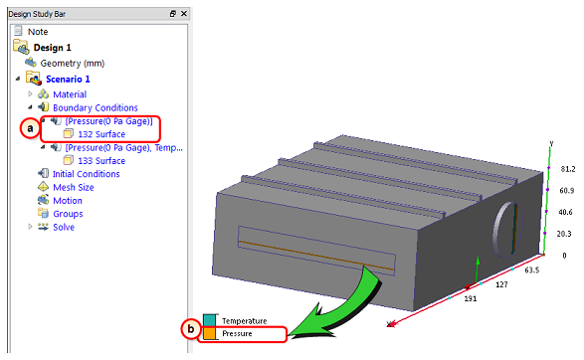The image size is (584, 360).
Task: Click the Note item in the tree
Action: click(x=38, y=32)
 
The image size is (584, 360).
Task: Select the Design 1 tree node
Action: click(x=52, y=48)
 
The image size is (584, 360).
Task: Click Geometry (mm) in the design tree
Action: click(x=73, y=64)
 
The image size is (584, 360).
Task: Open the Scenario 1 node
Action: click(x=68, y=79)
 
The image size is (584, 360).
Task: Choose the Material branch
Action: click(x=70, y=94)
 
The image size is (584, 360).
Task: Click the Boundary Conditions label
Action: click(x=96, y=107)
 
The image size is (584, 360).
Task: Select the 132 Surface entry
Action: click(x=101, y=134)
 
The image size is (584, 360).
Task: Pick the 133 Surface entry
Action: click(x=101, y=161)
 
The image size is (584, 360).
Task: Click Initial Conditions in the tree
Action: click(x=86, y=174)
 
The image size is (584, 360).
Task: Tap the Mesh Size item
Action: click(x=74, y=187)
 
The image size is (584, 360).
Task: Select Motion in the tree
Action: click(x=68, y=201)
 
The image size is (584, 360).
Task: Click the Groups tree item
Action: click(x=68, y=214)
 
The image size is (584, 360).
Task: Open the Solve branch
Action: click(x=64, y=227)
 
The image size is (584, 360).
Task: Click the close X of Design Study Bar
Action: click(x=184, y=13)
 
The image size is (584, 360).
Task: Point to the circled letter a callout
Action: click(x=30, y=128)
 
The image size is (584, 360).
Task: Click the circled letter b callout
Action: click(x=191, y=329)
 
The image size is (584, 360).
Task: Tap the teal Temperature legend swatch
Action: click(x=209, y=320)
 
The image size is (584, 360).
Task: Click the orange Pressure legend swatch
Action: click(x=209, y=333)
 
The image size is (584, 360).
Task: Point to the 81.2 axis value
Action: click(x=568, y=169)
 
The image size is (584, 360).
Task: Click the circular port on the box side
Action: click(x=507, y=230)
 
